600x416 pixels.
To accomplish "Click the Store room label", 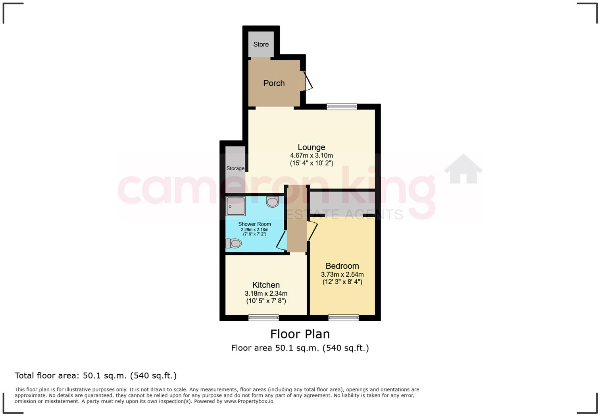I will point(261,44).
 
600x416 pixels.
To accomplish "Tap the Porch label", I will point(274,83).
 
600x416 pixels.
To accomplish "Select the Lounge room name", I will point(312,147).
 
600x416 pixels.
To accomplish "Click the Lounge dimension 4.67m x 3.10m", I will point(312,156).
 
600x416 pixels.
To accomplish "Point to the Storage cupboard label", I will point(235,168).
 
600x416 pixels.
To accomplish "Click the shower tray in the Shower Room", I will point(236,206).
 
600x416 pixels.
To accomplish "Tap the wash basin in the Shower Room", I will point(273,202).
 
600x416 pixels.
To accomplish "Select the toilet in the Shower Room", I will point(234,243).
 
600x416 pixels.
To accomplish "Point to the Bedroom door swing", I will point(312,231).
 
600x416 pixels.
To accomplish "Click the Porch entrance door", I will point(308,81).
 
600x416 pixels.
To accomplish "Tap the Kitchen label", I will point(266,285).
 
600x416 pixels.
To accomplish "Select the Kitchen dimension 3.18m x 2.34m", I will point(266,294).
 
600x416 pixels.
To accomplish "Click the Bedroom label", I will point(342,266).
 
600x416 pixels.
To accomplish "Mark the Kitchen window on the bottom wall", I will point(263,318).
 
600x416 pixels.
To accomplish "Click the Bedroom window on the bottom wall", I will point(344,318).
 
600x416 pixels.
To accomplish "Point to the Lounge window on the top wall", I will point(342,106).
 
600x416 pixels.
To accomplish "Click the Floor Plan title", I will point(300,334).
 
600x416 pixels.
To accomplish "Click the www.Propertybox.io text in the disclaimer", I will point(248,401).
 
